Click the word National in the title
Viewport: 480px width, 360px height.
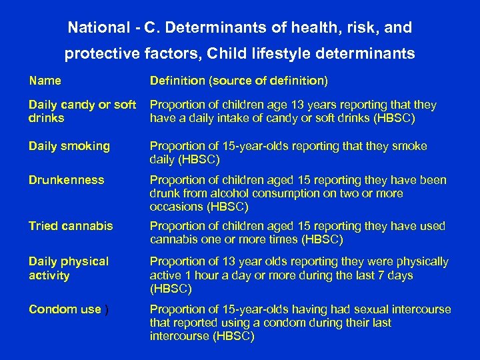click(95, 28)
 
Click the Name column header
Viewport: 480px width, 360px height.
click(45, 81)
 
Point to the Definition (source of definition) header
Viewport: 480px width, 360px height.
click(239, 81)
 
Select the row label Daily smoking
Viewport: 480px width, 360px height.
click(69, 146)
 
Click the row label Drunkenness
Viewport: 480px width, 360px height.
click(67, 180)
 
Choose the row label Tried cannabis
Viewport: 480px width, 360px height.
click(71, 226)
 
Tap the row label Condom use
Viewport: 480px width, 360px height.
click(65, 309)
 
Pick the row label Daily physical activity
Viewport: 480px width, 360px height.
click(69, 268)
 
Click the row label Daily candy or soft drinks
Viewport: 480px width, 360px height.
click(82, 111)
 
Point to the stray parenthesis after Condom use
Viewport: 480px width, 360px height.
click(107, 309)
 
